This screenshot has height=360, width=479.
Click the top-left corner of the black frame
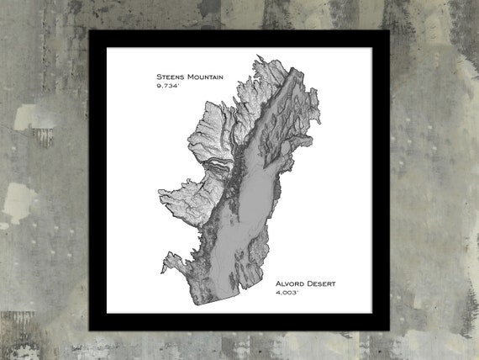pyautogui.click(x=91, y=33)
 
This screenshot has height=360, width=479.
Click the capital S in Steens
pyautogui.click(x=159, y=77)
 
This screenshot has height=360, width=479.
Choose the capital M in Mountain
pyautogui.click(x=189, y=77)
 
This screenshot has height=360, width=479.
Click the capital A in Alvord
pyautogui.click(x=278, y=284)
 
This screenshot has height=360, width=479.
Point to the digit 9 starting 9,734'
pyautogui.click(x=158, y=86)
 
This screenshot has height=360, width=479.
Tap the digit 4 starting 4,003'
pyautogui.click(x=277, y=294)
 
